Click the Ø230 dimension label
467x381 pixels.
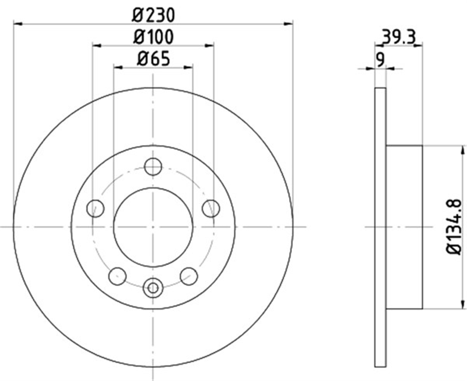[x=153, y=15]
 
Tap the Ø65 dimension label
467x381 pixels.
[x=153, y=58]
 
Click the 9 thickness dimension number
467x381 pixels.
[x=381, y=60]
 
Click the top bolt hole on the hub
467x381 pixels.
[x=153, y=167]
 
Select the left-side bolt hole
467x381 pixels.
[x=95, y=209]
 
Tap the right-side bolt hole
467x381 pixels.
[x=211, y=209]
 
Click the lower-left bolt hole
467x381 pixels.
[x=118, y=277]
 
